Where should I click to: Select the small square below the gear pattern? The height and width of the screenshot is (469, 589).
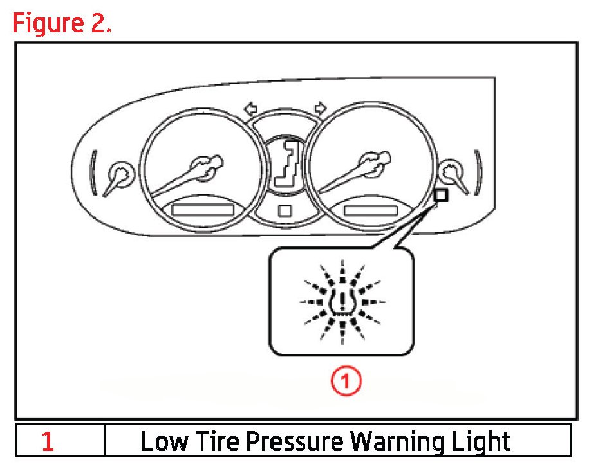pos(285,210)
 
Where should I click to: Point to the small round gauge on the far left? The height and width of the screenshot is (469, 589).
pos(119,172)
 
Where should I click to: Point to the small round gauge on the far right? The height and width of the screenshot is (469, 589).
pos(451,171)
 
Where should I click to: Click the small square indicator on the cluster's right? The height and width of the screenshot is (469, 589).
pos(441,196)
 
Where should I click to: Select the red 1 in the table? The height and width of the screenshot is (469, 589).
pos(48,441)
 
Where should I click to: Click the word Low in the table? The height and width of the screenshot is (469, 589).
pos(160,441)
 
